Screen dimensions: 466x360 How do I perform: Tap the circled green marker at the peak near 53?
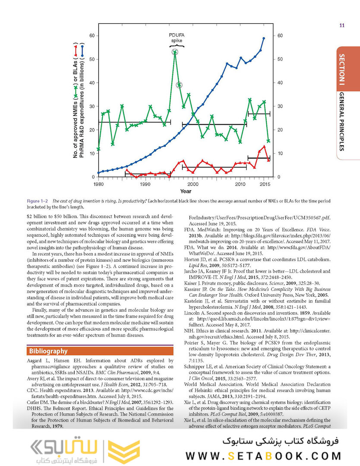coord(175,52)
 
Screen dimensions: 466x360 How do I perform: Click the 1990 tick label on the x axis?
coord(145,184)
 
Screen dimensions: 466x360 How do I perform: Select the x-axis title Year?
coord(186,191)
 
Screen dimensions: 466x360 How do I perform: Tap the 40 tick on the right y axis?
coord(279,82)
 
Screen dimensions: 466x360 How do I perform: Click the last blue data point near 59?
coord(264,38)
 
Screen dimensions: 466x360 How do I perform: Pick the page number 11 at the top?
coord(342,25)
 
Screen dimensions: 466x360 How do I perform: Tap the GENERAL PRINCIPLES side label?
coord(341,121)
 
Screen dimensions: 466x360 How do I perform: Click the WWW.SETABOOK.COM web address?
coord(263,456)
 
